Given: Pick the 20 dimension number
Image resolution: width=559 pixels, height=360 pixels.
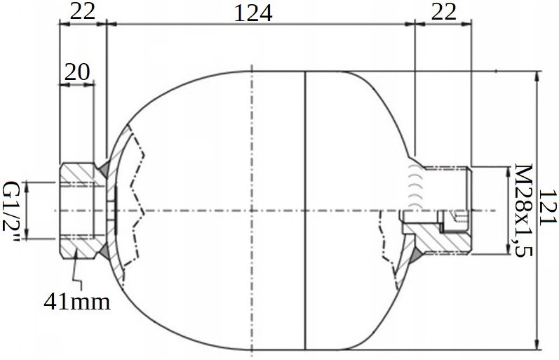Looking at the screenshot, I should coord(77,71).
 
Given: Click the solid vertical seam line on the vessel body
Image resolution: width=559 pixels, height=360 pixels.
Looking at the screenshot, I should coord(306,211).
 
